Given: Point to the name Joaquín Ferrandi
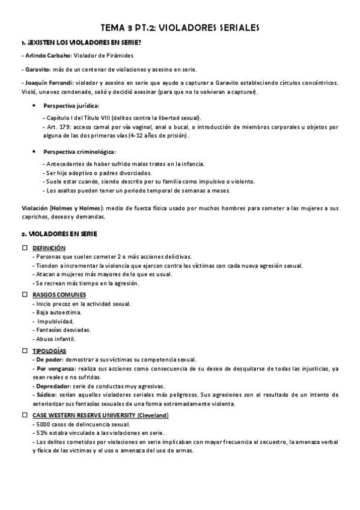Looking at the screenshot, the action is (x=45, y=82).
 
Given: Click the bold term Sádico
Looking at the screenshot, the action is (x=45, y=394).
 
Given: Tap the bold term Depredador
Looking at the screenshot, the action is (x=52, y=385).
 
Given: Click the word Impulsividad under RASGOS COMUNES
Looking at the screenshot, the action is (x=58, y=321).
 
